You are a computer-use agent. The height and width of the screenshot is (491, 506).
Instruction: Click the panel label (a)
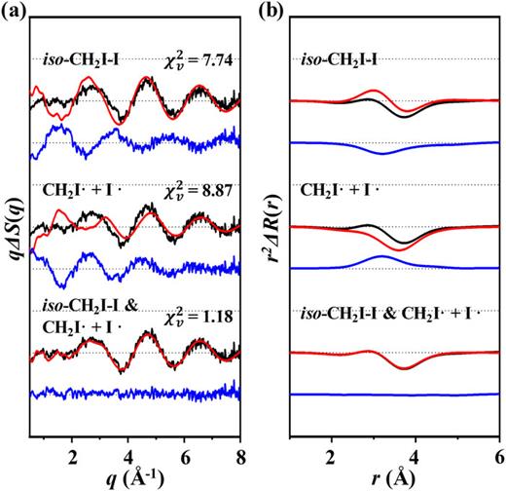point(14,11)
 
